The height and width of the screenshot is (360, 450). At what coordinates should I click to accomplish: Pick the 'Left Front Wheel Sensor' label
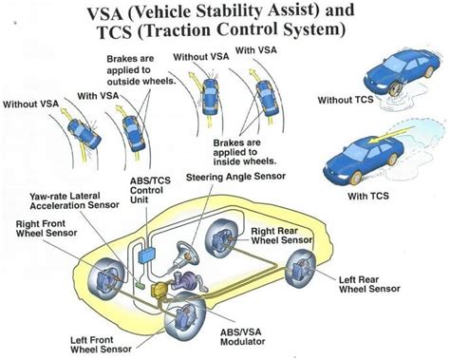pos(104,340)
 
